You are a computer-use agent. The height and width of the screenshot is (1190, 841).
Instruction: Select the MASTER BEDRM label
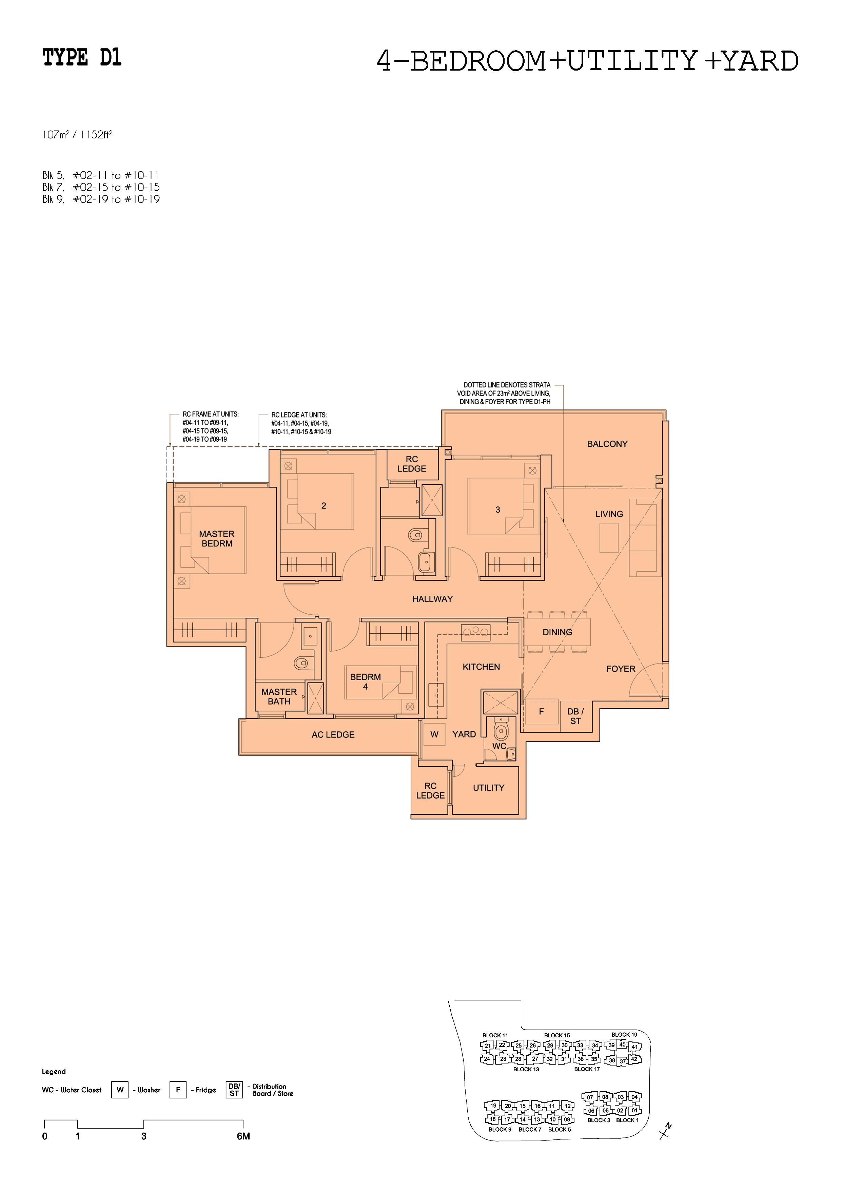pos(217,538)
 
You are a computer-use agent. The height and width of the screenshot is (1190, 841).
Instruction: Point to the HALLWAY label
pos(432,599)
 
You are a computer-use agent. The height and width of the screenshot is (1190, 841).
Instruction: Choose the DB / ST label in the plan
pos(575,716)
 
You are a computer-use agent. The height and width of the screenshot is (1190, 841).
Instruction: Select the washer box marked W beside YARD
pos(434,734)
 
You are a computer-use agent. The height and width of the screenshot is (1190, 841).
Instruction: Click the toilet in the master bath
pos(301,663)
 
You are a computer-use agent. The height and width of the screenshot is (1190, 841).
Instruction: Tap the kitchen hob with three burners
pos(476,632)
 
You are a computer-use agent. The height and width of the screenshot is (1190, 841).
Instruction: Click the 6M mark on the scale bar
pos(243,1137)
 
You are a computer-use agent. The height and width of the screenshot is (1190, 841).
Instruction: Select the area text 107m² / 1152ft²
pos(77,135)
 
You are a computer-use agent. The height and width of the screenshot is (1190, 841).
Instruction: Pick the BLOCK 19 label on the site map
pos(624,1035)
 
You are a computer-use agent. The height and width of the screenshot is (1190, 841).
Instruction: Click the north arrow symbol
pos(664,1131)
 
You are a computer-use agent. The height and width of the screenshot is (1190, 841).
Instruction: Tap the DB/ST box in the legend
pos(234,1090)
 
